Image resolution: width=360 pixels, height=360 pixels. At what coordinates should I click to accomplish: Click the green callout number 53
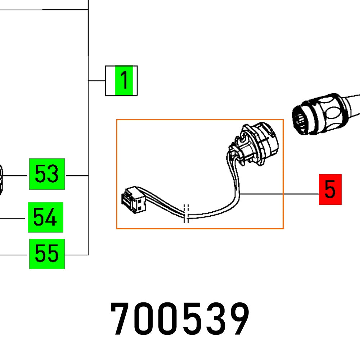coord(47,174)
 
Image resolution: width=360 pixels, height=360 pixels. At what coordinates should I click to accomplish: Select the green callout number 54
coord(45,217)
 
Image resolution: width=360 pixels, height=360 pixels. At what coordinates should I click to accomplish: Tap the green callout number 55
coord(47,254)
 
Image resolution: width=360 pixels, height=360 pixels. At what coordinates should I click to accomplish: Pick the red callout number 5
coord(330,189)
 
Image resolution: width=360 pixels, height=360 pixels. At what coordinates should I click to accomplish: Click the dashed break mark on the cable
coord(186,214)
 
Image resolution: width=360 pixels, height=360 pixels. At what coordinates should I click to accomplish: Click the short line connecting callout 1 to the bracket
coord(96,81)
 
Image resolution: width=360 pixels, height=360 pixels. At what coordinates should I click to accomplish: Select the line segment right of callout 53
coord(77,176)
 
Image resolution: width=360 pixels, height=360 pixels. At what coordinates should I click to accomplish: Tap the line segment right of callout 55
coord(76,255)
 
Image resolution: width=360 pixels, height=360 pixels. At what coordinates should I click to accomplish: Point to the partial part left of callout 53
coord(1,178)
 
